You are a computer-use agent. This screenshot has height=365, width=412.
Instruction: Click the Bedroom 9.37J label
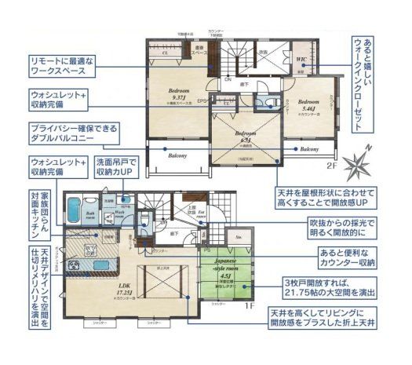pos(174,96)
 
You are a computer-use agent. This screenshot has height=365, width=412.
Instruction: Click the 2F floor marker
pos(334,166)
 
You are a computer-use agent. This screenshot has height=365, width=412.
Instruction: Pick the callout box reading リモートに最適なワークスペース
pos(63,65)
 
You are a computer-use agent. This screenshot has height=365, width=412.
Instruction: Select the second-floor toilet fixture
pos(268,102)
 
